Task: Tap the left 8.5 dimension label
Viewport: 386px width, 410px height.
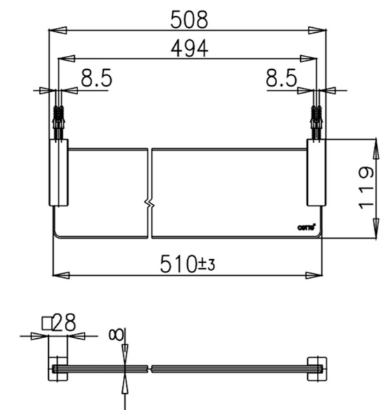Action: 96,79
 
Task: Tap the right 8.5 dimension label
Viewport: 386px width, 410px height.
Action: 281,79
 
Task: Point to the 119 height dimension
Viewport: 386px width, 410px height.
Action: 366,188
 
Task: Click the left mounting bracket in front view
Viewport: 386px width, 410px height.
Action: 58,173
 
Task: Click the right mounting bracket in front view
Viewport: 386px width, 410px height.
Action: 316,173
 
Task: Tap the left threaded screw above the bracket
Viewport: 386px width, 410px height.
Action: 58,119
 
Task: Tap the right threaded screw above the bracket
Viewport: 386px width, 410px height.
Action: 316,119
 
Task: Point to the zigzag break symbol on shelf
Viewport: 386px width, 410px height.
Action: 149,203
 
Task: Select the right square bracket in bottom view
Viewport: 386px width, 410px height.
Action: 316,369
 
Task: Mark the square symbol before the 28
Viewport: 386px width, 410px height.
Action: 47,323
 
